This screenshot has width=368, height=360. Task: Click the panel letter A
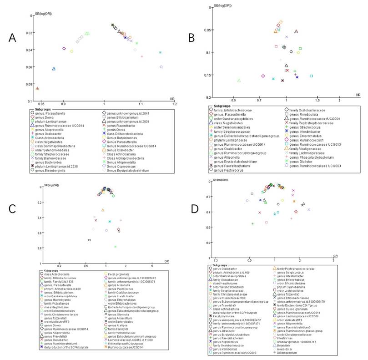click(x=14, y=38)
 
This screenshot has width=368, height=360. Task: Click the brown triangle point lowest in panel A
click(x=37, y=88)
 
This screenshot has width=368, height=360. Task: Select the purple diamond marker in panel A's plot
click(x=64, y=48)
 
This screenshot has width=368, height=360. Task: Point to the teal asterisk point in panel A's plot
click(x=160, y=52)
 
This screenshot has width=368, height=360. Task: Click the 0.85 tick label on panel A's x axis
click(x=39, y=104)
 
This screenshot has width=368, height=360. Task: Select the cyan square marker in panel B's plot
click(x=311, y=76)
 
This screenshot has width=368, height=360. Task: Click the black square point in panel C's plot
click(x=90, y=240)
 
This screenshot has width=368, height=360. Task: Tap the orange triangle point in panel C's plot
click(x=103, y=210)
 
